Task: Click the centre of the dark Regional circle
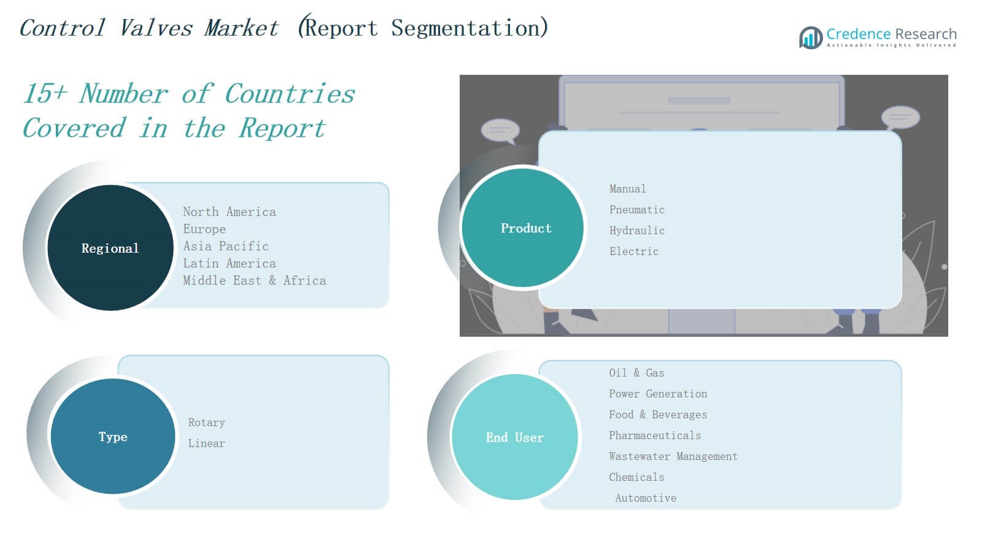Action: [110, 248]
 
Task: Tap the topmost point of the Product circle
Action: [522, 169]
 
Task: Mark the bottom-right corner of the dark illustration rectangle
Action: [948, 337]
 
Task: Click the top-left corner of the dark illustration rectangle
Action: [460, 75]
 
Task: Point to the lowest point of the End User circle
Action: [515, 500]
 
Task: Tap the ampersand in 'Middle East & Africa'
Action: [273, 280]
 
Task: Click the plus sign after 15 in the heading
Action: [60, 94]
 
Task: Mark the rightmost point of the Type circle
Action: [176, 436]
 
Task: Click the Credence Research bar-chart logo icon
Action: [811, 37]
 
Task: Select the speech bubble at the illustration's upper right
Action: [900, 118]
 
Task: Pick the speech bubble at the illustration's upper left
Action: [500, 131]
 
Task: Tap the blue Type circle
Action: [113, 436]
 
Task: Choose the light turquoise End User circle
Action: [515, 437]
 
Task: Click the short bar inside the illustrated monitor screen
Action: [699, 101]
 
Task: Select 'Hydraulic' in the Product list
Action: [637, 231]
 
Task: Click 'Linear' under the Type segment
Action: [206, 443]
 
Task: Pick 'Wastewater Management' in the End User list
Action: [673, 456]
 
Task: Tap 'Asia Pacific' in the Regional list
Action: [226, 246]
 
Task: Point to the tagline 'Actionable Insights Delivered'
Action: [891, 45]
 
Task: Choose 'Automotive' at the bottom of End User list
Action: [646, 498]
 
